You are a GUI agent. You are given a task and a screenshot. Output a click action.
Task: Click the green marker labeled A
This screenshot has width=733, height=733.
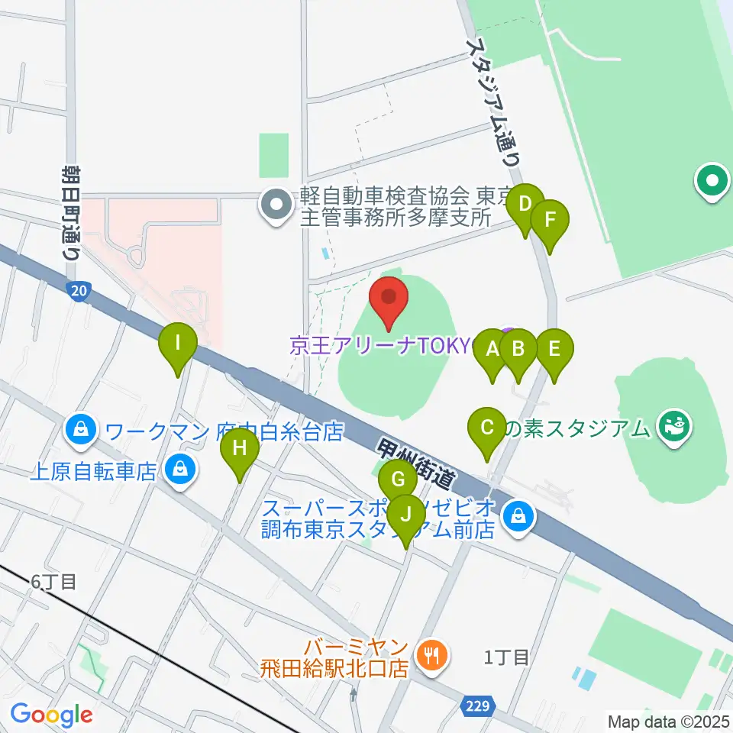point(492,350)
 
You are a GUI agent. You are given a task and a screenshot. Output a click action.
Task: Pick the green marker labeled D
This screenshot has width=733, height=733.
point(525,205)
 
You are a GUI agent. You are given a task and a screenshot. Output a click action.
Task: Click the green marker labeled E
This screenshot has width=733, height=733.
point(554,349)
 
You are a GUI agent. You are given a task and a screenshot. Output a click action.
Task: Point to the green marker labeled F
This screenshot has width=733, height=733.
point(550,220)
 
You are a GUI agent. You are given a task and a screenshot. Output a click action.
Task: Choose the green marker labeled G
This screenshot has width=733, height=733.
point(398,480)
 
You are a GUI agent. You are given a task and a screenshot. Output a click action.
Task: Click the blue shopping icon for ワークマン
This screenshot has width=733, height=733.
point(81,431)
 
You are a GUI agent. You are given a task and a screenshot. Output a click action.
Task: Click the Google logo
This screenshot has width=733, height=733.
point(51,715)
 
